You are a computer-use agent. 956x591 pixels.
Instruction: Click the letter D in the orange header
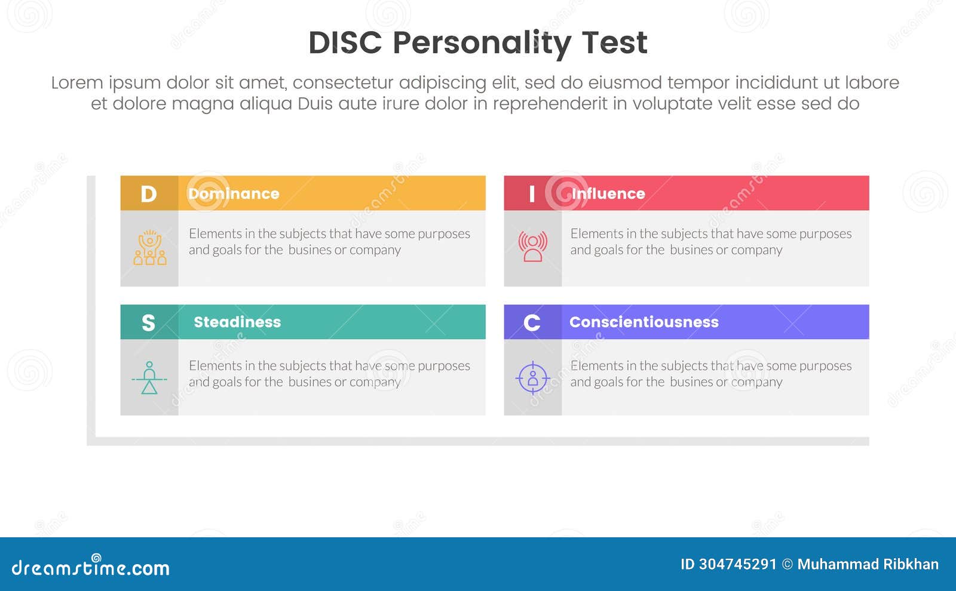(149, 194)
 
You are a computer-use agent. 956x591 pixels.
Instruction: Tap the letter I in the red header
(532, 194)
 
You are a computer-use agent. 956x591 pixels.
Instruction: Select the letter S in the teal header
(148, 323)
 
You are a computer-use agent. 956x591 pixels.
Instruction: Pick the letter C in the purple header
(532, 323)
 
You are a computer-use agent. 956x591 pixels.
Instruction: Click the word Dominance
(234, 194)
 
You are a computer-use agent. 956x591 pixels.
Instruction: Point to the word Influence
(608, 194)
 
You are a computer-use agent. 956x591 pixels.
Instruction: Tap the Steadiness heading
(237, 322)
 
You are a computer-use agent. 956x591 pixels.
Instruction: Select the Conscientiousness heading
(644, 322)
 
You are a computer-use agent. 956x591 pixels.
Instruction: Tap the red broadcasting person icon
(532, 247)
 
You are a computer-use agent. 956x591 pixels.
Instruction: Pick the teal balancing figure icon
(149, 378)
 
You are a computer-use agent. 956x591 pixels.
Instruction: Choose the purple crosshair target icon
(532, 378)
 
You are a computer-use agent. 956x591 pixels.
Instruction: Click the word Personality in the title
(482, 43)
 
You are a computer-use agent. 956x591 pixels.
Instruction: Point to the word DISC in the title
(345, 43)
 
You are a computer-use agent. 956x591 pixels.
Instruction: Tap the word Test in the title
(614, 43)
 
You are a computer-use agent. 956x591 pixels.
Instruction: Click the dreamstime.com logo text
(90, 568)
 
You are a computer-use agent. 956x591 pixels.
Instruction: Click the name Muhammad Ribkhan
(868, 564)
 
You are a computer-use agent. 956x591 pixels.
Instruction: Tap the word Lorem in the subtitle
(76, 82)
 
